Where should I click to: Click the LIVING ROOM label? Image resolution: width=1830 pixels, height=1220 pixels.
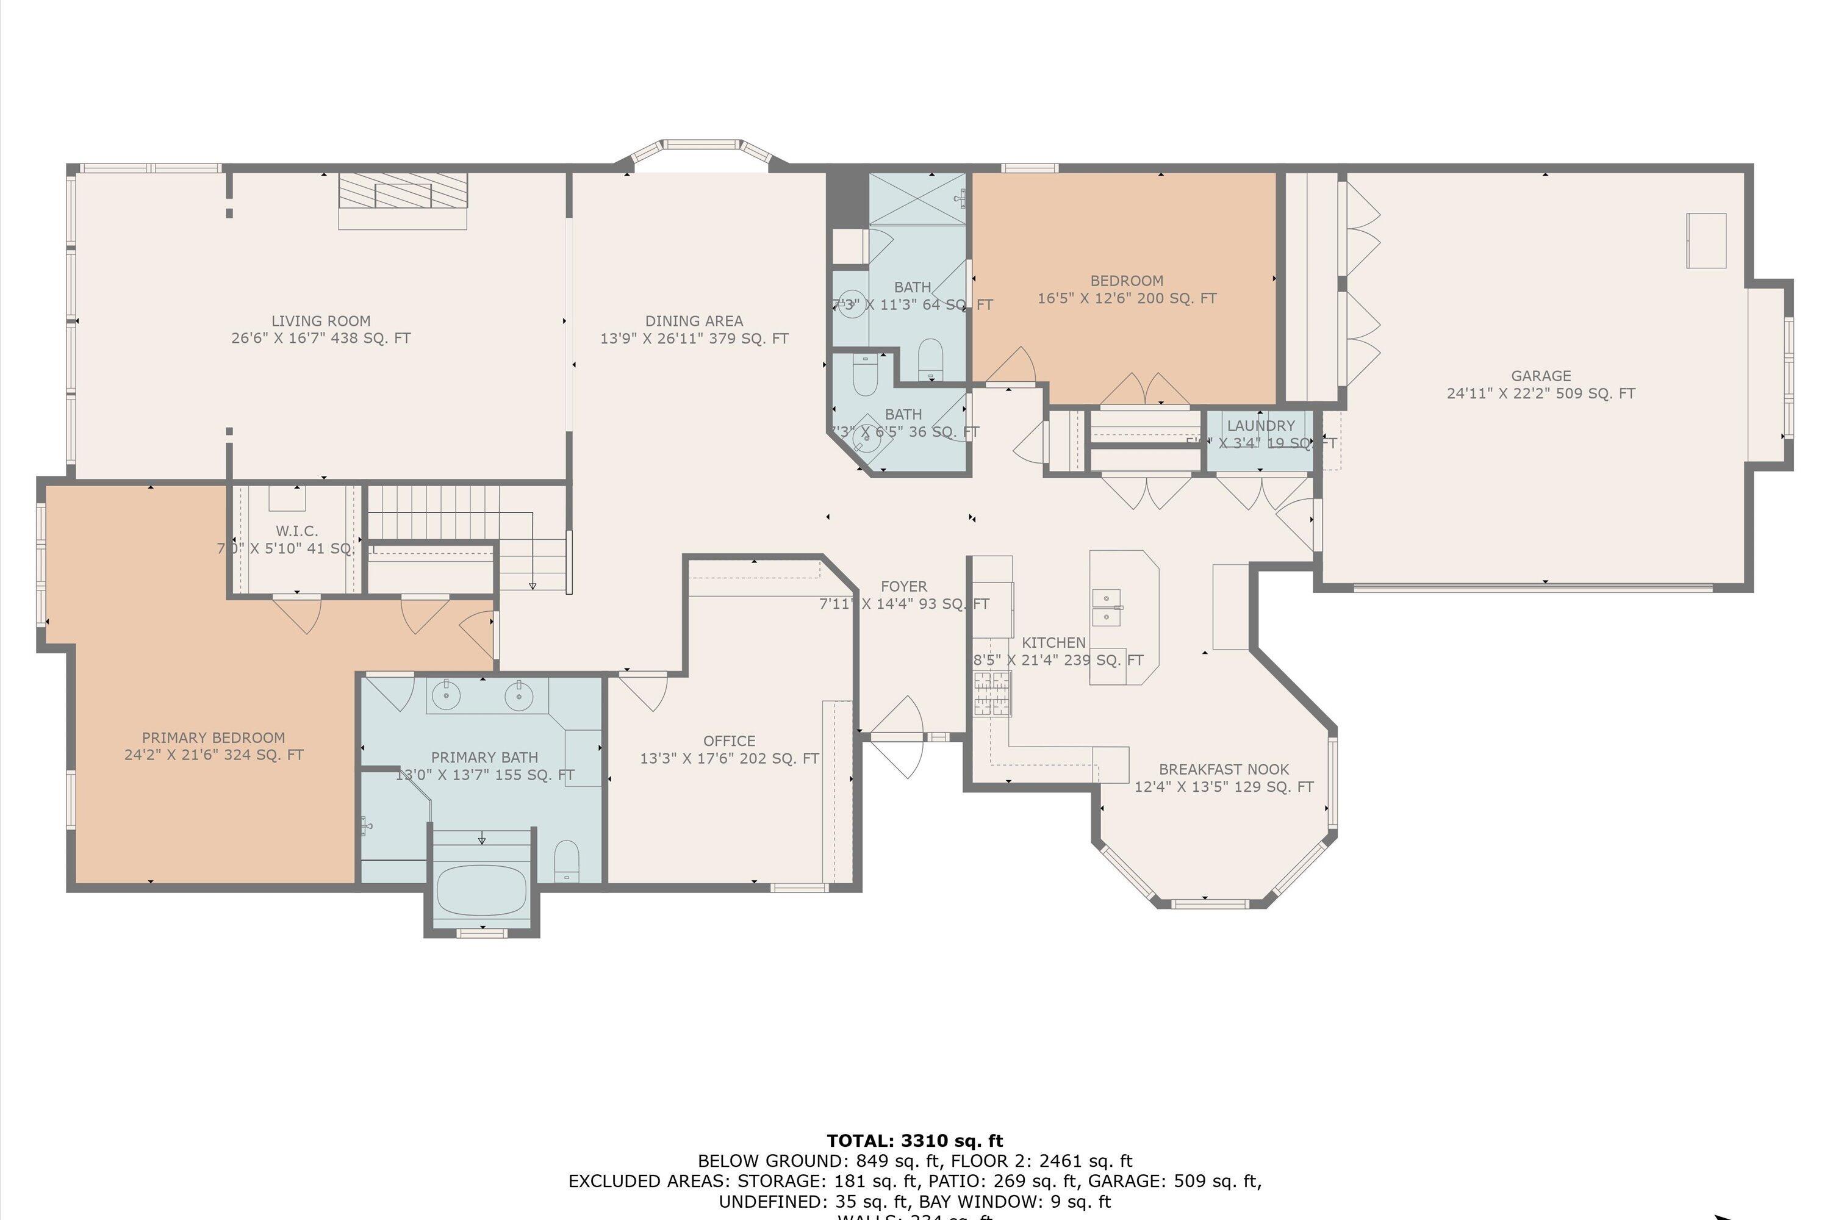(x=321, y=321)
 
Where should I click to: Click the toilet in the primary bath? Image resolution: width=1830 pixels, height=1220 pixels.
(x=567, y=861)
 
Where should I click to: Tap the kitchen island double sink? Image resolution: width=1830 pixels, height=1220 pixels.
(x=1105, y=608)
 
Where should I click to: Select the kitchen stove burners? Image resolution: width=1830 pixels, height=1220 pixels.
(x=991, y=693)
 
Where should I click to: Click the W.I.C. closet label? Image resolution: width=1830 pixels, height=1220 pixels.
(x=296, y=531)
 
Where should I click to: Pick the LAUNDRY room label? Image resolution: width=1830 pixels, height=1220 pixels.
(x=1260, y=426)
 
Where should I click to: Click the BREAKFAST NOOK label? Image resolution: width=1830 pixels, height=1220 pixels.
(x=1223, y=769)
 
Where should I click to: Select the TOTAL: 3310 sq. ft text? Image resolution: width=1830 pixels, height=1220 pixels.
(x=914, y=1141)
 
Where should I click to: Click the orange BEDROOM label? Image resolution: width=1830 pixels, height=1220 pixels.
(x=1126, y=281)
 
